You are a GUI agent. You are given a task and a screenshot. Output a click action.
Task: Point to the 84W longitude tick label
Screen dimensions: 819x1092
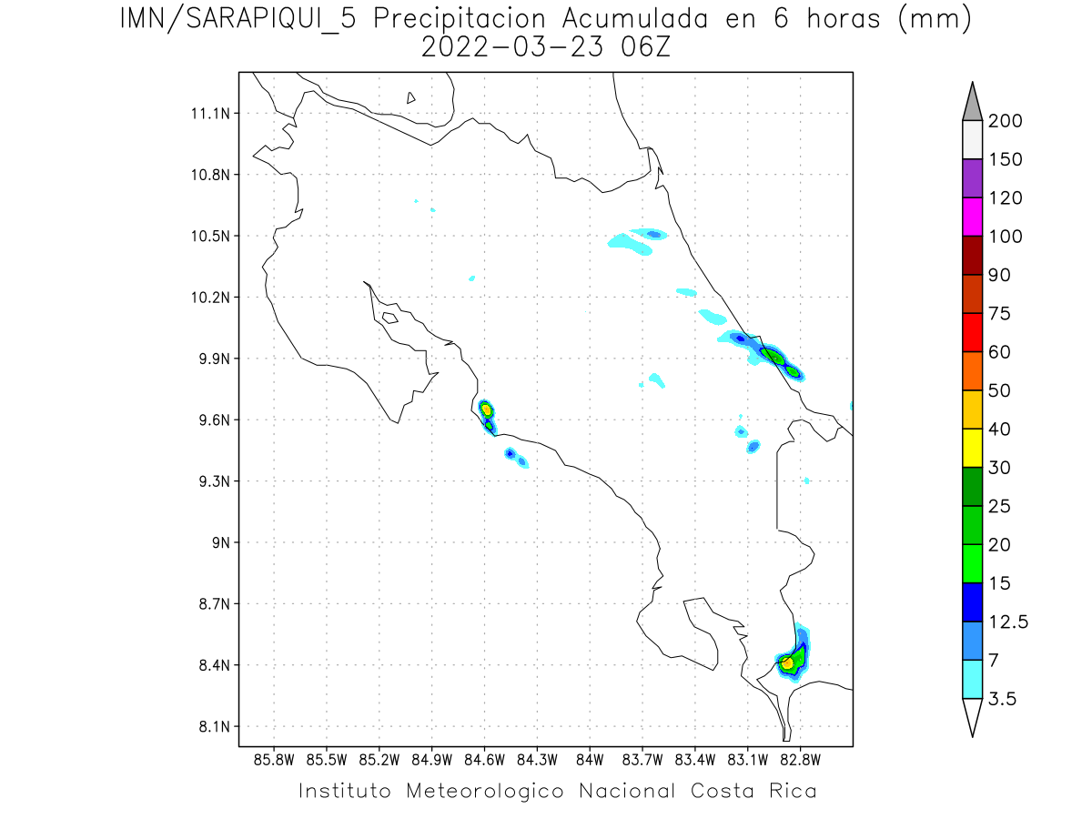point(590,758)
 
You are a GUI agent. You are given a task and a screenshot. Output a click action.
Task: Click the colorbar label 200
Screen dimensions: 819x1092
point(1006,121)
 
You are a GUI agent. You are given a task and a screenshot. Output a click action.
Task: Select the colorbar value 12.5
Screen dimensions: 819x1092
point(1008,622)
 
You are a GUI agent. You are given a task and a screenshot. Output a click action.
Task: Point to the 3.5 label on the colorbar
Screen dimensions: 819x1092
point(1003,699)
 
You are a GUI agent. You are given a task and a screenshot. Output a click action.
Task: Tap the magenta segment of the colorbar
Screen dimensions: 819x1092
point(972,217)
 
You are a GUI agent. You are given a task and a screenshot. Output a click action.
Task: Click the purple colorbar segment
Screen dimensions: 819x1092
point(972,179)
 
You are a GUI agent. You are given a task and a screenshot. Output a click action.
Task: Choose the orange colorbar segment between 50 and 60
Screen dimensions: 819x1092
point(972,371)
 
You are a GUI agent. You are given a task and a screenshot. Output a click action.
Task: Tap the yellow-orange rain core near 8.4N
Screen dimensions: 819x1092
point(787,663)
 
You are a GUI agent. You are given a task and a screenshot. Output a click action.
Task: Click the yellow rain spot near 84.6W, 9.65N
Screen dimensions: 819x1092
point(486,409)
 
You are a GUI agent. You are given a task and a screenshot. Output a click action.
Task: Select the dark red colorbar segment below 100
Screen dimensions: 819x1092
point(972,256)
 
